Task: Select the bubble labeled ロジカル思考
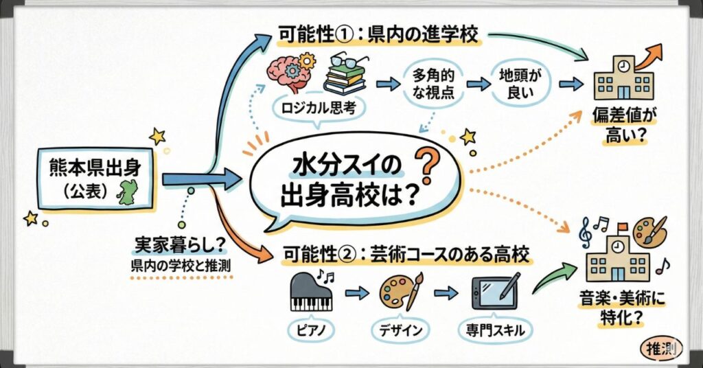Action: [x=313, y=108]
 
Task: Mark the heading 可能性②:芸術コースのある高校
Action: [x=406, y=256]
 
